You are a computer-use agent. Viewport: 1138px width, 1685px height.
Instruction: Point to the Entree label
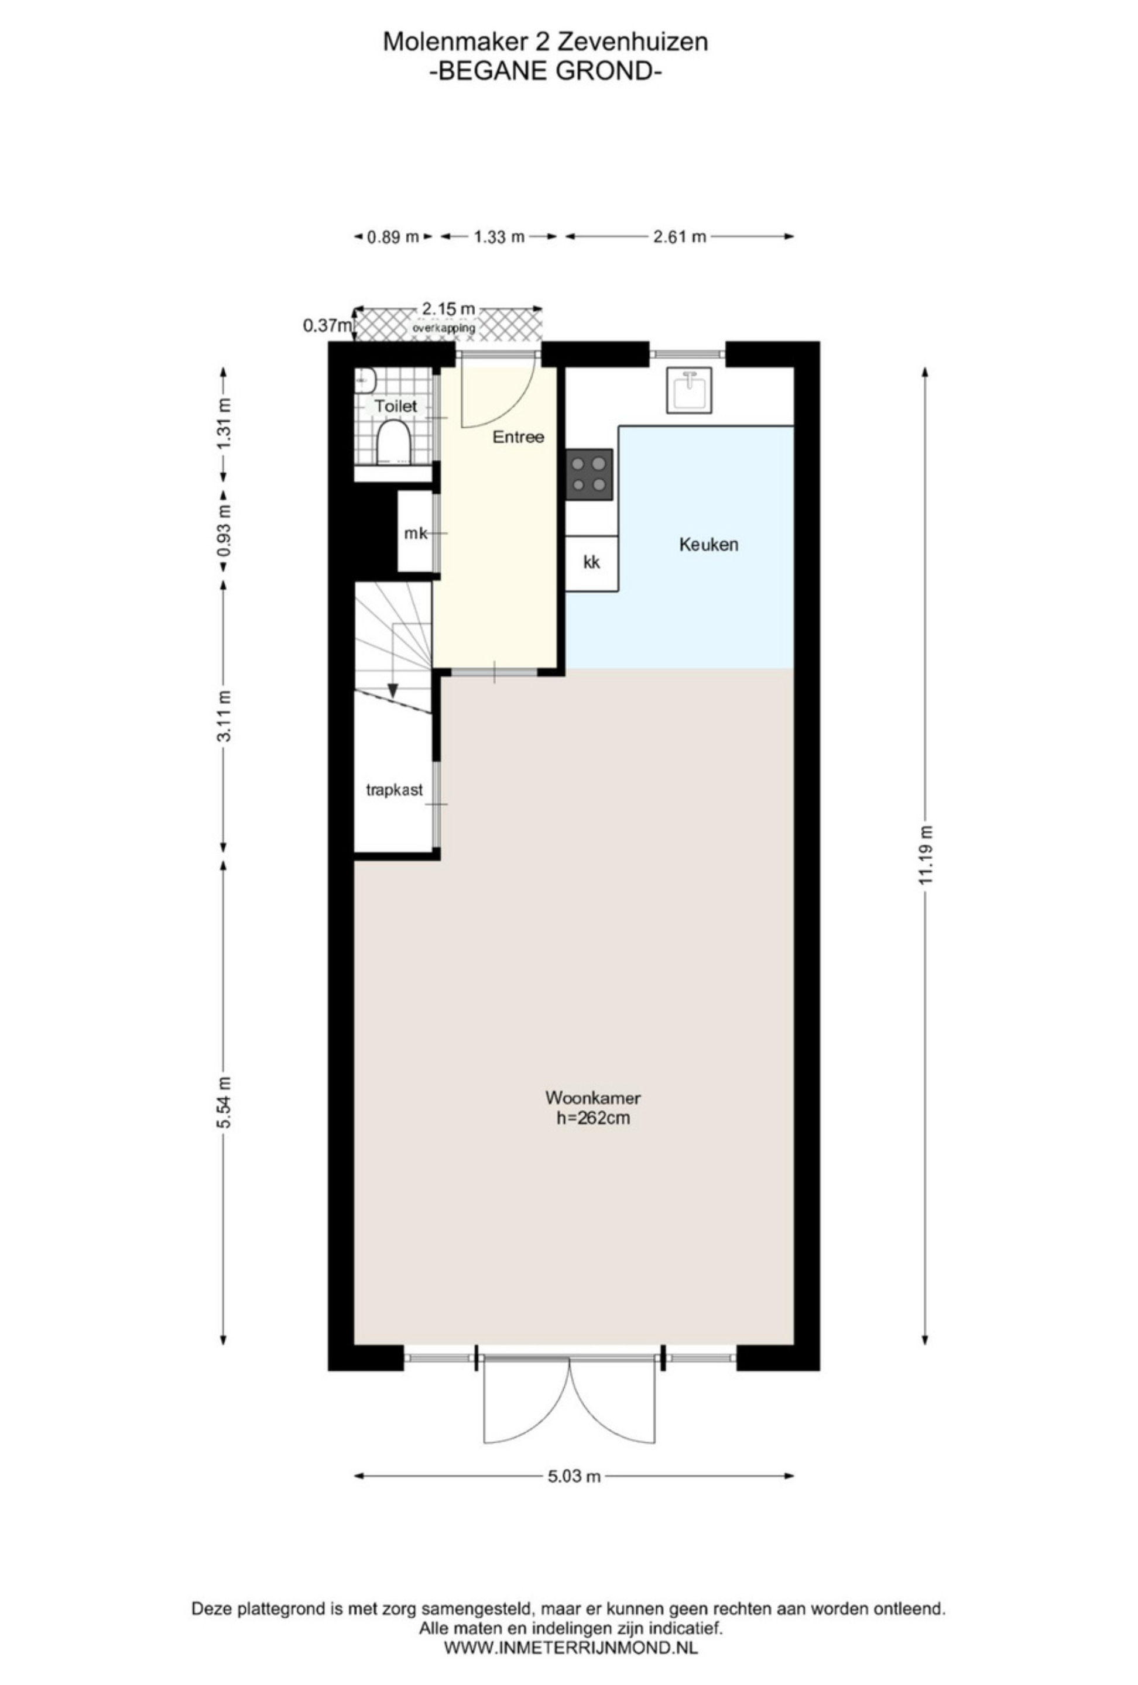point(518,436)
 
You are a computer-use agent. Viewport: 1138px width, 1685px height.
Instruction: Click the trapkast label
point(394,790)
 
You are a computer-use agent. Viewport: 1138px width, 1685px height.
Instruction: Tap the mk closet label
point(416,534)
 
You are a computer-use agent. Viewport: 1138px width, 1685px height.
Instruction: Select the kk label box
point(591,563)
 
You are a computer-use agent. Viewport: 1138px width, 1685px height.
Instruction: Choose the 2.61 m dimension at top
point(679,236)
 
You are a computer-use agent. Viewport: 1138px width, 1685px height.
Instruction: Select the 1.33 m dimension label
point(499,236)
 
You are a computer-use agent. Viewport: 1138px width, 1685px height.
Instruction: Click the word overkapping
point(444,328)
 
